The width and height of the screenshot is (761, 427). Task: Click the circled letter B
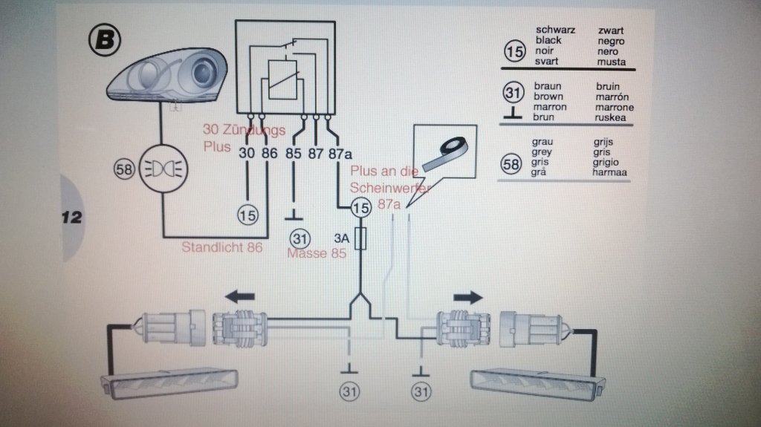point(103,40)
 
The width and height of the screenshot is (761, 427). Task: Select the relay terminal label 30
point(247,154)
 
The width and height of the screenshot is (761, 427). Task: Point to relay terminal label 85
point(294,154)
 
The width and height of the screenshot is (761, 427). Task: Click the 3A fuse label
point(341,239)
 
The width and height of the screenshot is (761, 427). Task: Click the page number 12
point(71,218)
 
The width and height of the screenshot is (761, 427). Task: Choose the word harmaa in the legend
point(611,173)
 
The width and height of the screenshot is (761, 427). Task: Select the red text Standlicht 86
point(222,247)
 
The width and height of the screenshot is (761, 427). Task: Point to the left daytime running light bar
point(169,383)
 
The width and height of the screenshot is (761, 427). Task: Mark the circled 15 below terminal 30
point(247,215)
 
